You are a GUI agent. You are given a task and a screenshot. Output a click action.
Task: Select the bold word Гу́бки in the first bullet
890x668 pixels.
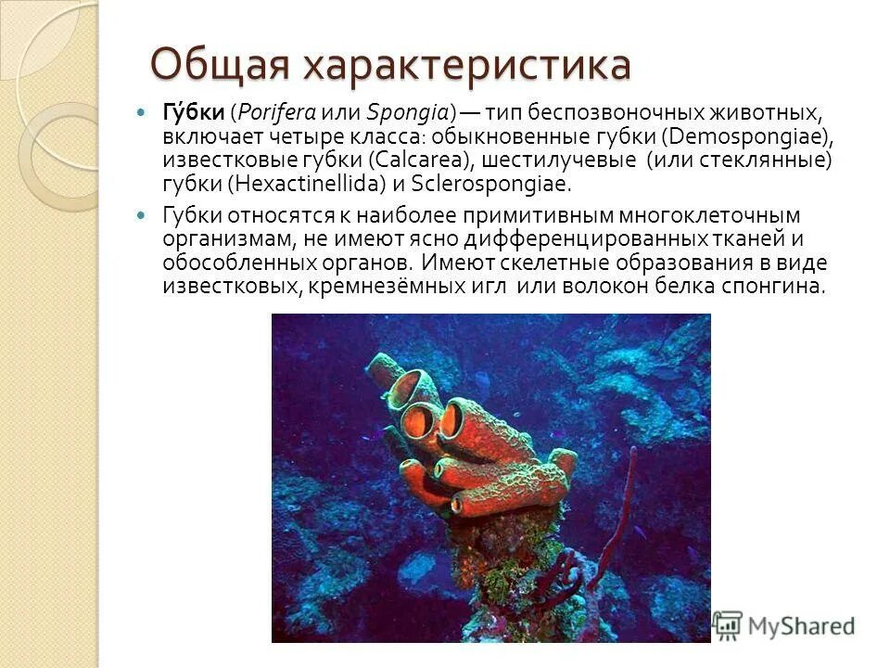coord(194,113)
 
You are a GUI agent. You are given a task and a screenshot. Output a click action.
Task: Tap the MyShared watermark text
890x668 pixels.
coord(801,625)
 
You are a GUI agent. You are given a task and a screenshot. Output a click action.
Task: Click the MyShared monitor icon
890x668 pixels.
coord(729,623)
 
